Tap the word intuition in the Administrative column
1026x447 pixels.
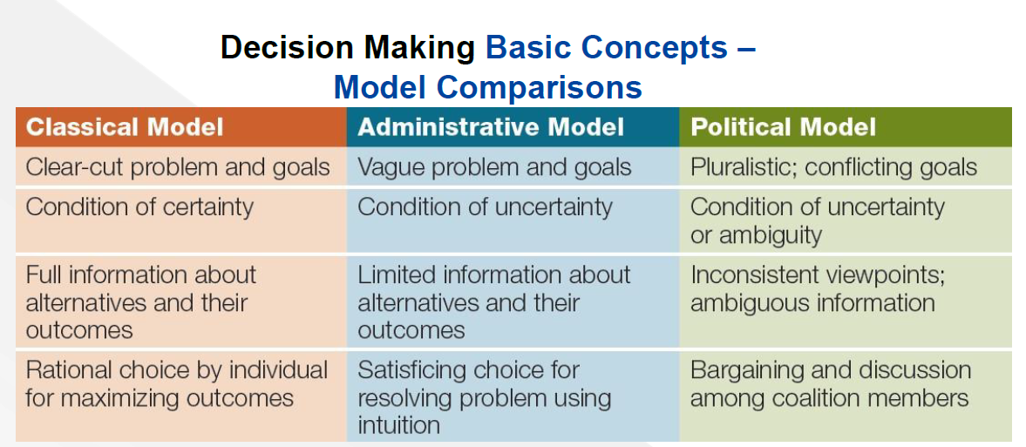tap(398, 425)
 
